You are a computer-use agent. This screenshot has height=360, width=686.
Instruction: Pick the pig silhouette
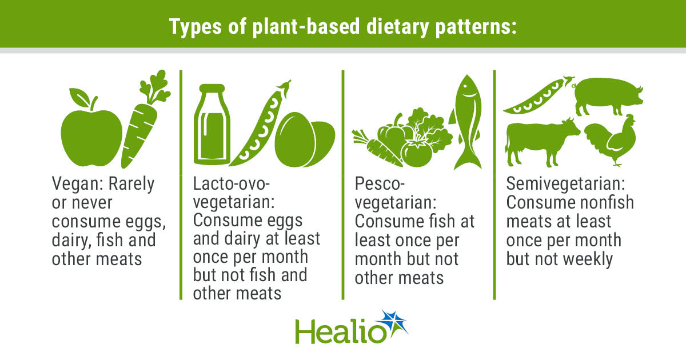[606, 98]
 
